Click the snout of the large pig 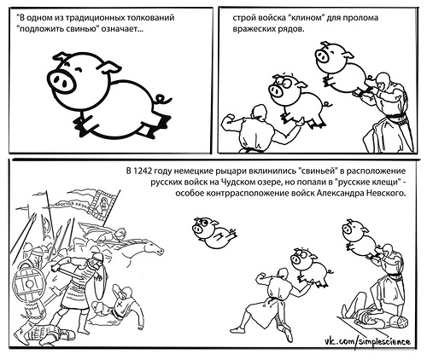(61, 81)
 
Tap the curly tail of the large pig (162, 99)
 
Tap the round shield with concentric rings (29, 284)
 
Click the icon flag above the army (102, 204)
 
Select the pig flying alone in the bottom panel (213, 232)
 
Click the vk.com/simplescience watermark (368, 341)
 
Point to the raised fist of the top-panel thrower (229, 118)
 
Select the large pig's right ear (112, 67)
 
